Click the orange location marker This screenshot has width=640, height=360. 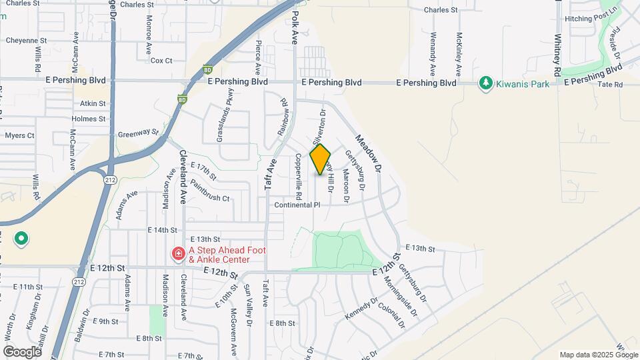321,159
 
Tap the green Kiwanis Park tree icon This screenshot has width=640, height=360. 486,83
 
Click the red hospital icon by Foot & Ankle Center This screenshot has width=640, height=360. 178,254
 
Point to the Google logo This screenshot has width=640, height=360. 22,351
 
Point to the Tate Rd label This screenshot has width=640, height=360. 609,85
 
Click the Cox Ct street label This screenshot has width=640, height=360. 161,61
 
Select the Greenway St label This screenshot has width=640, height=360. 138,133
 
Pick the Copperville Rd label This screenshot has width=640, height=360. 299,177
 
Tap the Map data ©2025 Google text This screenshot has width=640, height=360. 597,355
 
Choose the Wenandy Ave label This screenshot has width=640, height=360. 433,53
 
